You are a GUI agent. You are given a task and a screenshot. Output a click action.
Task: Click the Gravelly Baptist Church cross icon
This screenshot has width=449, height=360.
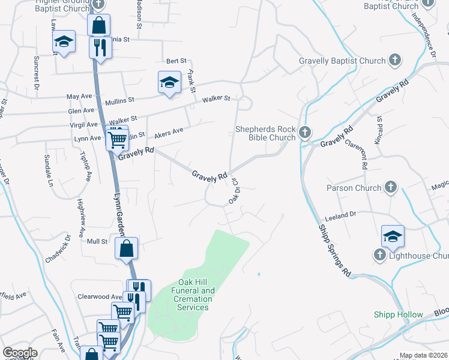395,60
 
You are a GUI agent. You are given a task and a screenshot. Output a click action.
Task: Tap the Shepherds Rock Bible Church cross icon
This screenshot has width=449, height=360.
304,132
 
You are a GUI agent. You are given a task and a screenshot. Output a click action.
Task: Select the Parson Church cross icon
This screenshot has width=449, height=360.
390,187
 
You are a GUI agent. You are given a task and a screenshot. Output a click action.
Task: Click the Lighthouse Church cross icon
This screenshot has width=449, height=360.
379,256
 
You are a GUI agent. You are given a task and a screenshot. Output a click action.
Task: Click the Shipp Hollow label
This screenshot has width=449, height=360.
398,314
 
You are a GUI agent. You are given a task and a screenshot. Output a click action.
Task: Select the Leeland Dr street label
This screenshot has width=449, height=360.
340,214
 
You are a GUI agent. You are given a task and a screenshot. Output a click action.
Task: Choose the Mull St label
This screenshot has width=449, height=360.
97,241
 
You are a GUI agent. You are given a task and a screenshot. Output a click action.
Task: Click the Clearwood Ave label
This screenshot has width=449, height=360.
100,296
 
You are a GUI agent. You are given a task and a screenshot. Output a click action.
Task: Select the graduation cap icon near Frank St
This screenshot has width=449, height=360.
169,82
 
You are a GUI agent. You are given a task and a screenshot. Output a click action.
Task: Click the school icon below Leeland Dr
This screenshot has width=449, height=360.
393,236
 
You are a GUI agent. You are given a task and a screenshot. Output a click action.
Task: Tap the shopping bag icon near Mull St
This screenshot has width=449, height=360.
127,248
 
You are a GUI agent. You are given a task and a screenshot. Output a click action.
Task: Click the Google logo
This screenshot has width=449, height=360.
20,353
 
